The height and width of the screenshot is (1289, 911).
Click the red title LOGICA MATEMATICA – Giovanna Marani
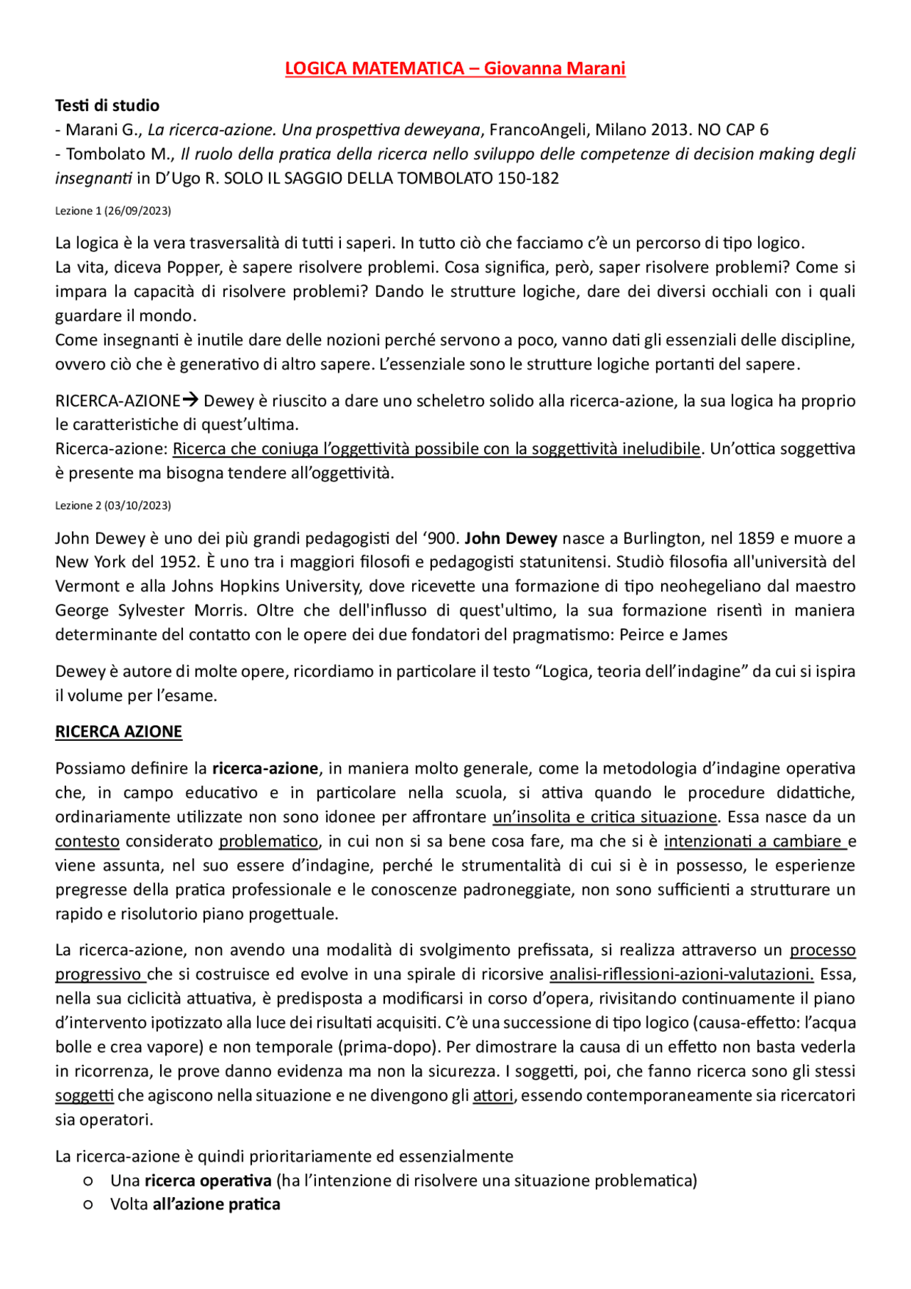[x=455, y=68]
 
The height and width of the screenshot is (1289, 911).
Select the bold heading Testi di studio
[x=107, y=105]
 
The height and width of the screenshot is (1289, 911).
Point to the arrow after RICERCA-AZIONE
[x=190, y=400]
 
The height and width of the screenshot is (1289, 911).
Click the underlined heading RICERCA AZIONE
[x=119, y=732]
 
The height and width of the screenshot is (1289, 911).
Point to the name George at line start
[x=80, y=610]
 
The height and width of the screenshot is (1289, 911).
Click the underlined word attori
[x=493, y=1095]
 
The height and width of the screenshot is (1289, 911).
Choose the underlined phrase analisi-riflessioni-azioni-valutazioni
[x=681, y=974]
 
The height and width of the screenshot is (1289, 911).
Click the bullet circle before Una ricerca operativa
[x=88, y=1181]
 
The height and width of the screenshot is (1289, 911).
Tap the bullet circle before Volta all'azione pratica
[x=88, y=1205]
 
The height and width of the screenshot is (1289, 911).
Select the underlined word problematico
[x=268, y=841]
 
